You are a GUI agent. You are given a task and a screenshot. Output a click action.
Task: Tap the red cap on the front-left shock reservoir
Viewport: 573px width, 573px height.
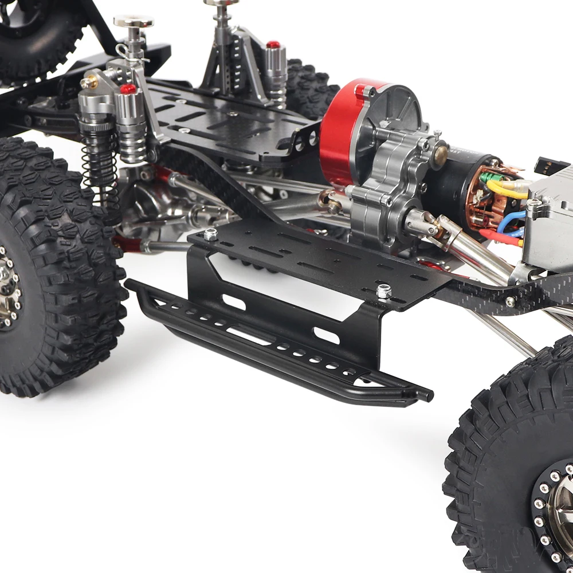click(128, 88)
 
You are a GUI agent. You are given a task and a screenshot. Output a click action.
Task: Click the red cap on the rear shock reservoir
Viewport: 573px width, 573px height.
click(273, 45)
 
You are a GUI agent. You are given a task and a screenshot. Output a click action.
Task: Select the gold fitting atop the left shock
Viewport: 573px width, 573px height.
click(89, 82)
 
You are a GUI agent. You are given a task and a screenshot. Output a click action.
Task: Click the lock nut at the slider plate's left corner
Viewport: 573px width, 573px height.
click(211, 234)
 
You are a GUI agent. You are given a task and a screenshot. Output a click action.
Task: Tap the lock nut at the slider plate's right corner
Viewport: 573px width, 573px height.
click(383, 291)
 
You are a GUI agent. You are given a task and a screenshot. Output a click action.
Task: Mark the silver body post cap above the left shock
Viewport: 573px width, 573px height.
click(134, 22)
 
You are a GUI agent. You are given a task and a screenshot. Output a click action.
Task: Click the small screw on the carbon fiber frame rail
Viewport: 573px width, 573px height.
click(509, 300)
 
